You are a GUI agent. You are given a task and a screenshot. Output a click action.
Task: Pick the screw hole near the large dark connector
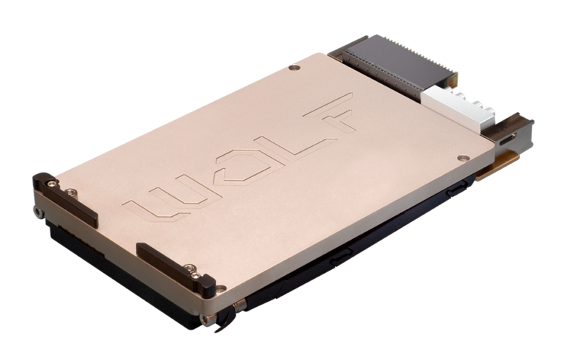[x=295, y=68]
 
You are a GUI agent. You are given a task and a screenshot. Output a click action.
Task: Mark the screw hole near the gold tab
[x=461, y=158]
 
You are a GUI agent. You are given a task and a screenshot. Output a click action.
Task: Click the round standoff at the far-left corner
[x=37, y=212]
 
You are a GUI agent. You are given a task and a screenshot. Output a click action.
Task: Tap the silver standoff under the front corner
[x=210, y=319]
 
